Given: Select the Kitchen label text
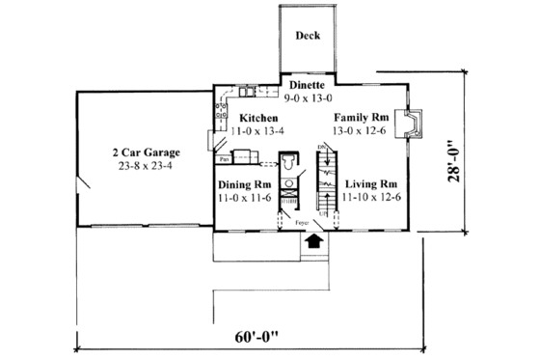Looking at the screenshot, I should (x=258, y=117).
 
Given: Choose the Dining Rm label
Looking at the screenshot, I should (x=242, y=182).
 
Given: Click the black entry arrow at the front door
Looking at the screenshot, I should (x=311, y=243).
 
